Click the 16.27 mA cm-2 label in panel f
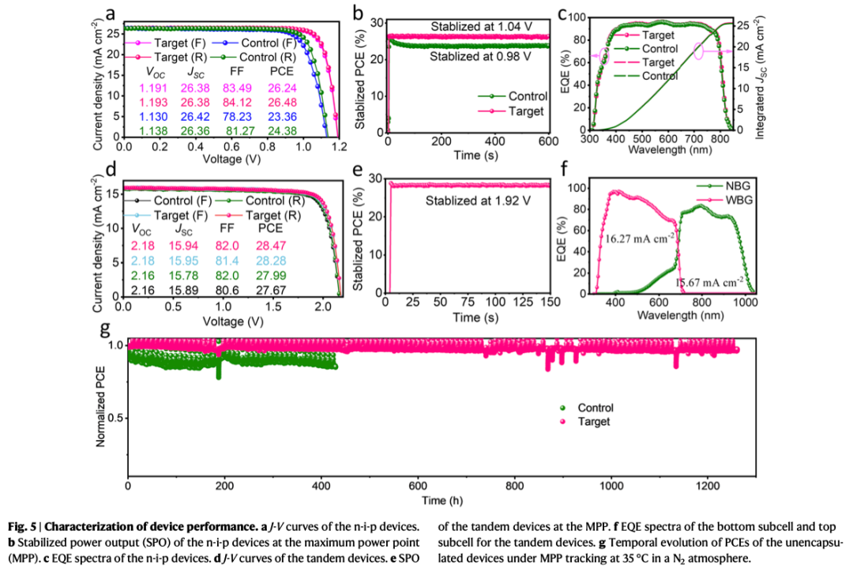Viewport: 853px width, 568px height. click(x=640, y=237)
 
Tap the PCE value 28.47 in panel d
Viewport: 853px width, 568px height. click(x=275, y=246)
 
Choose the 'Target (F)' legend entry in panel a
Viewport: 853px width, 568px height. click(x=175, y=42)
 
